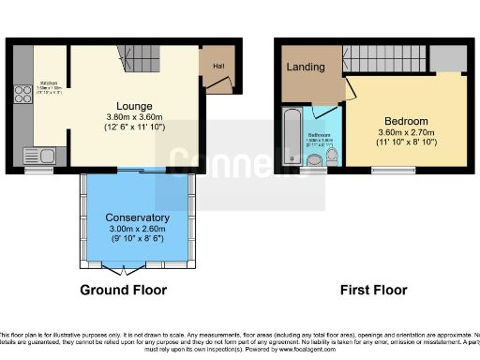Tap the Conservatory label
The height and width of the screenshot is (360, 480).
pyautogui.click(x=137, y=217)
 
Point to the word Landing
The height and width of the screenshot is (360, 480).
pyautogui.click(x=307, y=67)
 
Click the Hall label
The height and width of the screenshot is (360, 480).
pyautogui.click(x=217, y=66)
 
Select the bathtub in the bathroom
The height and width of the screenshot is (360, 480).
pyautogui.click(x=291, y=139)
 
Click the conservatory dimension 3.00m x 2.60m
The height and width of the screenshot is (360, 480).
pyautogui.click(x=137, y=229)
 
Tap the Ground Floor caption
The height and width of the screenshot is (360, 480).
pyautogui.click(x=123, y=289)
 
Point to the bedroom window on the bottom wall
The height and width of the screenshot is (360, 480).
pyautogui.click(x=388, y=170)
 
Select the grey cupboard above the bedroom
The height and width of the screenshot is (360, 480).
pyautogui.click(x=450, y=58)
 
